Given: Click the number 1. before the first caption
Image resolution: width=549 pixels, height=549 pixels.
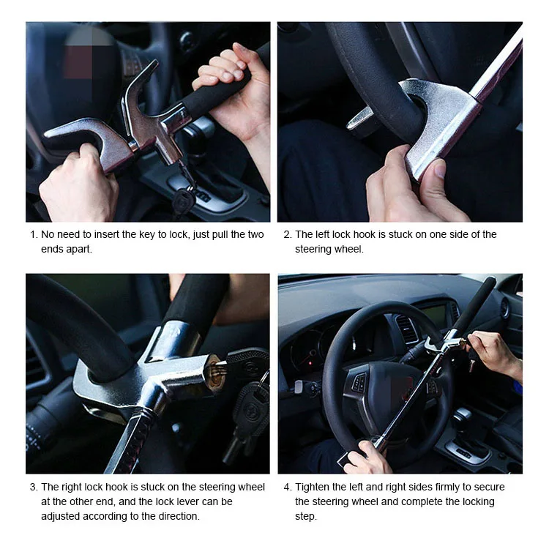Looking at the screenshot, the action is coord(34,234).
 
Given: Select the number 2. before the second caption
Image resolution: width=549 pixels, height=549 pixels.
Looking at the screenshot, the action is coord(288,234).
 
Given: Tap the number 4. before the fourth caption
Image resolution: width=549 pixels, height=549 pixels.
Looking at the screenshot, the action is coord(288,487).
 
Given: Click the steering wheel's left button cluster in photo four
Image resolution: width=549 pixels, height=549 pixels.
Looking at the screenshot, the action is coord(359,381).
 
